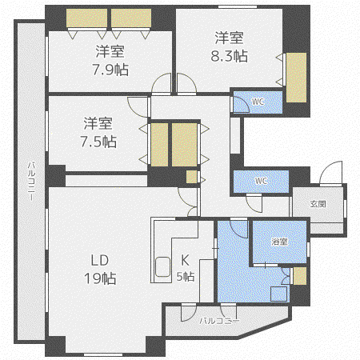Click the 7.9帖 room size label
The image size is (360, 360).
coord(110,70)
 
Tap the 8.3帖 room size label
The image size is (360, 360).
coord(230,56)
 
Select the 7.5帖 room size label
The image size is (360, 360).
coord(98,142)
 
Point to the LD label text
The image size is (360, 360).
coord(100,260)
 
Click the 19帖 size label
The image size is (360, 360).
coord(100,278)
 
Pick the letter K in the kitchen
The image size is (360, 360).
coord(185,260)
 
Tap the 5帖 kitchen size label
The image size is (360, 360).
coord(186,277)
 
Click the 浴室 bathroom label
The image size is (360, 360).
coord(279,242)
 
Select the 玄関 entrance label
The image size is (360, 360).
coord(318,204)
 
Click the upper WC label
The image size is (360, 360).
coord(258,102)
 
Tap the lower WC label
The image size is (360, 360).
coord(261,181)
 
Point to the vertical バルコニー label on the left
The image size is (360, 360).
coord(31,181)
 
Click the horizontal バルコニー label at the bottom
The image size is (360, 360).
coord(219,321)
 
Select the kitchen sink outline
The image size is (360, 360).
coord(162,266)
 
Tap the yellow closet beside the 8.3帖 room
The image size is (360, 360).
coord(296,78)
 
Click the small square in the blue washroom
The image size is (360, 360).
coord(279,294)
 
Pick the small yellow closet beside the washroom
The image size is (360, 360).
coord(300,276)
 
